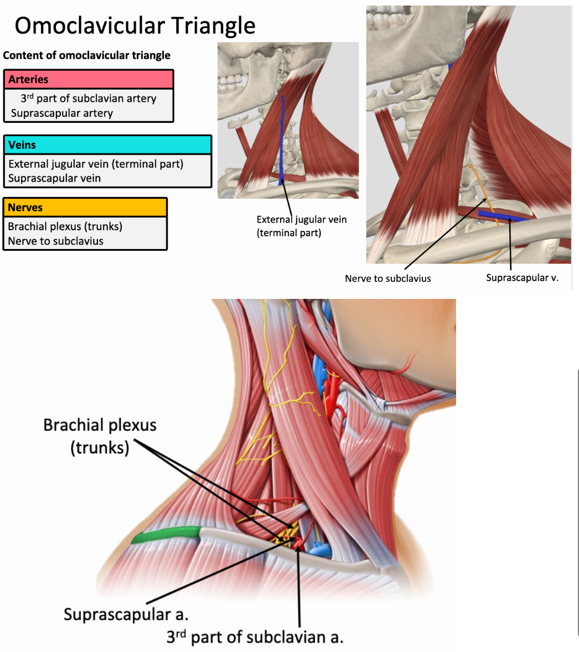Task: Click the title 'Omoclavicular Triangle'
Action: (x=135, y=26)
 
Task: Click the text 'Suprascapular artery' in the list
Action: (x=62, y=113)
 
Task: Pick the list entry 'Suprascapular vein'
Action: (x=55, y=178)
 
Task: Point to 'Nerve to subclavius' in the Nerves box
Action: (x=56, y=241)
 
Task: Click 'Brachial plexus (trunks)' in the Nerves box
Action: (x=65, y=226)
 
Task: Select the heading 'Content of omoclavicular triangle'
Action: (x=87, y=55)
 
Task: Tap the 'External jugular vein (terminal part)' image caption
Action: (x=302, y=226)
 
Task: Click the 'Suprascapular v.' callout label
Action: (x=522, y=278)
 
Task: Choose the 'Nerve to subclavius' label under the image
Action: (x=387, y=278)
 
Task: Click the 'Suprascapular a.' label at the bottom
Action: (x=126, y=614)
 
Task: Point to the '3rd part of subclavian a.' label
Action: (x=255, y=637)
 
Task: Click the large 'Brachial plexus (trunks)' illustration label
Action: (x=100, y=436)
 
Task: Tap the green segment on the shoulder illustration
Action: (x=166, y=534)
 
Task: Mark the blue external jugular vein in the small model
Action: (x=283, y=138)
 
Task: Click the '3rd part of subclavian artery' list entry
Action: (x=89, y=99)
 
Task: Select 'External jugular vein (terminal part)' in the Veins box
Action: (x=96, y=164)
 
